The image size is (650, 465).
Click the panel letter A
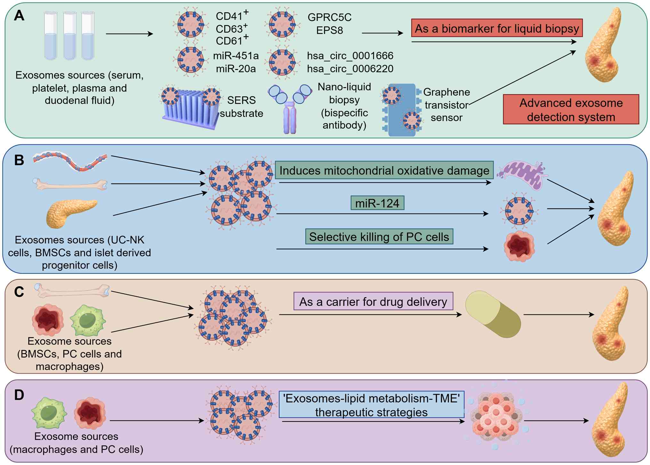19,16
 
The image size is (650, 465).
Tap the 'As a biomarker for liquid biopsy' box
496,28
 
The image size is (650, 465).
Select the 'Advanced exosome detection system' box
571,110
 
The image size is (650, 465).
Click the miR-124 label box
377,203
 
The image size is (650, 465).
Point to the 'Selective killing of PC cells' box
379,237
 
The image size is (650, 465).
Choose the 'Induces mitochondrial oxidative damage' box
384,170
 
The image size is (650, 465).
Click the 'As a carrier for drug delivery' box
373,301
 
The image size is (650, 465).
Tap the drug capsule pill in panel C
493,314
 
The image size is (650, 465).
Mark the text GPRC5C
329,17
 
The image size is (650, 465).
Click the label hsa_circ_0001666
350,56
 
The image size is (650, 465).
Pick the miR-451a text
236,56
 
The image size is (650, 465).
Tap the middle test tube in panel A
69,36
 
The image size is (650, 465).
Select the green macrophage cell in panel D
49,413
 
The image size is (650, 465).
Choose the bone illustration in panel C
72,291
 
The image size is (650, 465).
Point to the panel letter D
19,395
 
